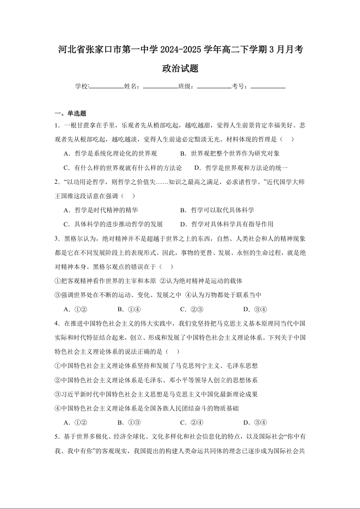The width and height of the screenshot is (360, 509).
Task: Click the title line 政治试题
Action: coord(180,69)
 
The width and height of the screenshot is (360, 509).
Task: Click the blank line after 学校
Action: coord(107,87)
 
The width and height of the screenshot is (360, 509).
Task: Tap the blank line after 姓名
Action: coord(160,87)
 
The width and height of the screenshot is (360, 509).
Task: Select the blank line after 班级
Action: coord(214,87)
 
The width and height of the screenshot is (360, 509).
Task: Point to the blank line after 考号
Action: coord(268,87)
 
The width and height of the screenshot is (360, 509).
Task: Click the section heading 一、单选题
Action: coord(70,113)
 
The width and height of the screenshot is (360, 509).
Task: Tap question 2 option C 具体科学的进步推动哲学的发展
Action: coord(113,224)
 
